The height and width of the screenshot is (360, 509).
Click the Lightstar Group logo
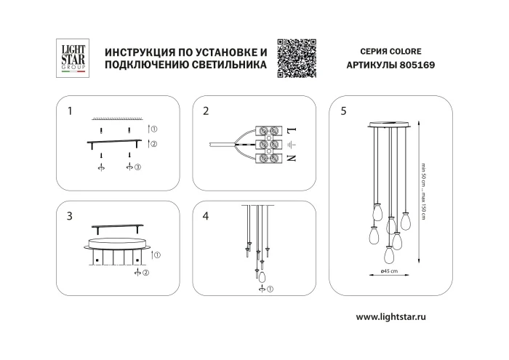point(73,57)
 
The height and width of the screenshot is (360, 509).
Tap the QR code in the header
point(297,57)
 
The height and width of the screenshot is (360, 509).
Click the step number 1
point(69,111)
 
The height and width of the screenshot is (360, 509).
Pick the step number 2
point(206,111)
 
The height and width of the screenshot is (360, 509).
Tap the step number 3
point(69,216)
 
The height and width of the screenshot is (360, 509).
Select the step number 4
point(206,216)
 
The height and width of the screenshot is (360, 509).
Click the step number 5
point(343,111)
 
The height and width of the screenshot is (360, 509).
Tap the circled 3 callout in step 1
point(138,168)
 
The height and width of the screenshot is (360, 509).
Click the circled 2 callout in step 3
point(146,273)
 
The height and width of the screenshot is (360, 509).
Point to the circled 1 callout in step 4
point(271,290)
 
